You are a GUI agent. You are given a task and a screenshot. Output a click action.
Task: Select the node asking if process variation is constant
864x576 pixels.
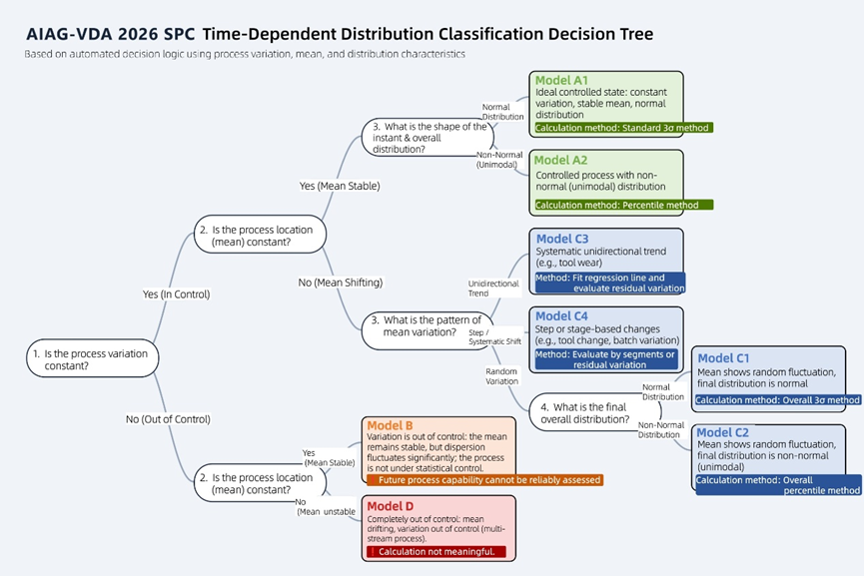(x=90, y=359)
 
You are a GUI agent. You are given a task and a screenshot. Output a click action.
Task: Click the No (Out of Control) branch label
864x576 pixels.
(x=168, y=419)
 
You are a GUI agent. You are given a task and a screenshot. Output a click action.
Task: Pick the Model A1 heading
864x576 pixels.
(x=561, y=80)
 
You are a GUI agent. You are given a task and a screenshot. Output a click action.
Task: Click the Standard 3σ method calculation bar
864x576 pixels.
(x=622, y=128)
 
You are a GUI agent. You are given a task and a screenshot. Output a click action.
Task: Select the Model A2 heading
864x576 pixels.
(x=561, y=160)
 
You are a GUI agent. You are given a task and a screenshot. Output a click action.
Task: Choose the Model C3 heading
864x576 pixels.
(x=562, y=239)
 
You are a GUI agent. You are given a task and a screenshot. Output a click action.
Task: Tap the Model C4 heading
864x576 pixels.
(x=562, y=316)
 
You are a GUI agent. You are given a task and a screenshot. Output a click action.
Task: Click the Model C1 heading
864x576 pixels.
(x=723, y=357)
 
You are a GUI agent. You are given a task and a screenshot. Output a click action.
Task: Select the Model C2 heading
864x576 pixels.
(x=723, y=432)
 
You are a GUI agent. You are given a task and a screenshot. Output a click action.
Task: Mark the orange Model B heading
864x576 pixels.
(x=390, y=425)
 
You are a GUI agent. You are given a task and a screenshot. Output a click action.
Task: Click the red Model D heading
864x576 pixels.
(x=391, y=505)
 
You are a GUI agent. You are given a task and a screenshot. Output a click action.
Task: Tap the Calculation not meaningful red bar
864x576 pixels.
(x=436, y=551)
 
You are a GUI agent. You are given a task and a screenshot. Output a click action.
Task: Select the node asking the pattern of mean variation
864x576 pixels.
(x=426, y=326)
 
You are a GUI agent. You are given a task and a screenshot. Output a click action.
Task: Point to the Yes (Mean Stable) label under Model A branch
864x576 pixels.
(x=339, y=186)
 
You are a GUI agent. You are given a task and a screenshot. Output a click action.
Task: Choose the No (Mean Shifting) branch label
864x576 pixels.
(x=340, y=283)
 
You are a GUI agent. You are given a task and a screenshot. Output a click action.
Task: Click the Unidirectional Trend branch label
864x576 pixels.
(x=493, y=288)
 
